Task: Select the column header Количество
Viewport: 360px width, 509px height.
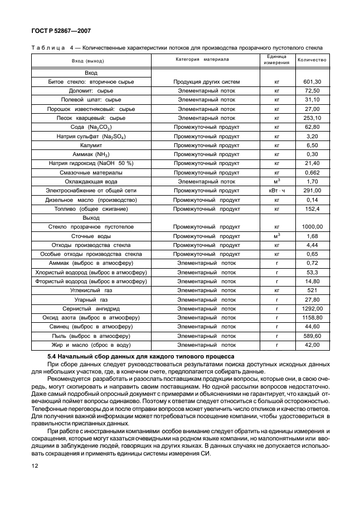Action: coord(312,60)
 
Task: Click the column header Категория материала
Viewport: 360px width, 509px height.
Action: coord(202,60)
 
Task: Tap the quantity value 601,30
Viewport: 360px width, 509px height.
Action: coord(312,82)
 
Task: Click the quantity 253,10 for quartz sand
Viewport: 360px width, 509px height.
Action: coord(312,118)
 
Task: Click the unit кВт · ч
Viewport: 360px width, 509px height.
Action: coord(276,191)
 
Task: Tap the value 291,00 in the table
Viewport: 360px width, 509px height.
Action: coord(312,191)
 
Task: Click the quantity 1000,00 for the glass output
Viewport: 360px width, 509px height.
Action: coord(312,227)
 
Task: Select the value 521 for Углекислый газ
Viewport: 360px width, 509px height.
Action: coord(312,290)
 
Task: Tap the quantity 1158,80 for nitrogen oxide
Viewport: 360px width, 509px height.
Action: coord(312,318)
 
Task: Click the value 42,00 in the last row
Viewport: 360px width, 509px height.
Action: coord(312,345)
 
